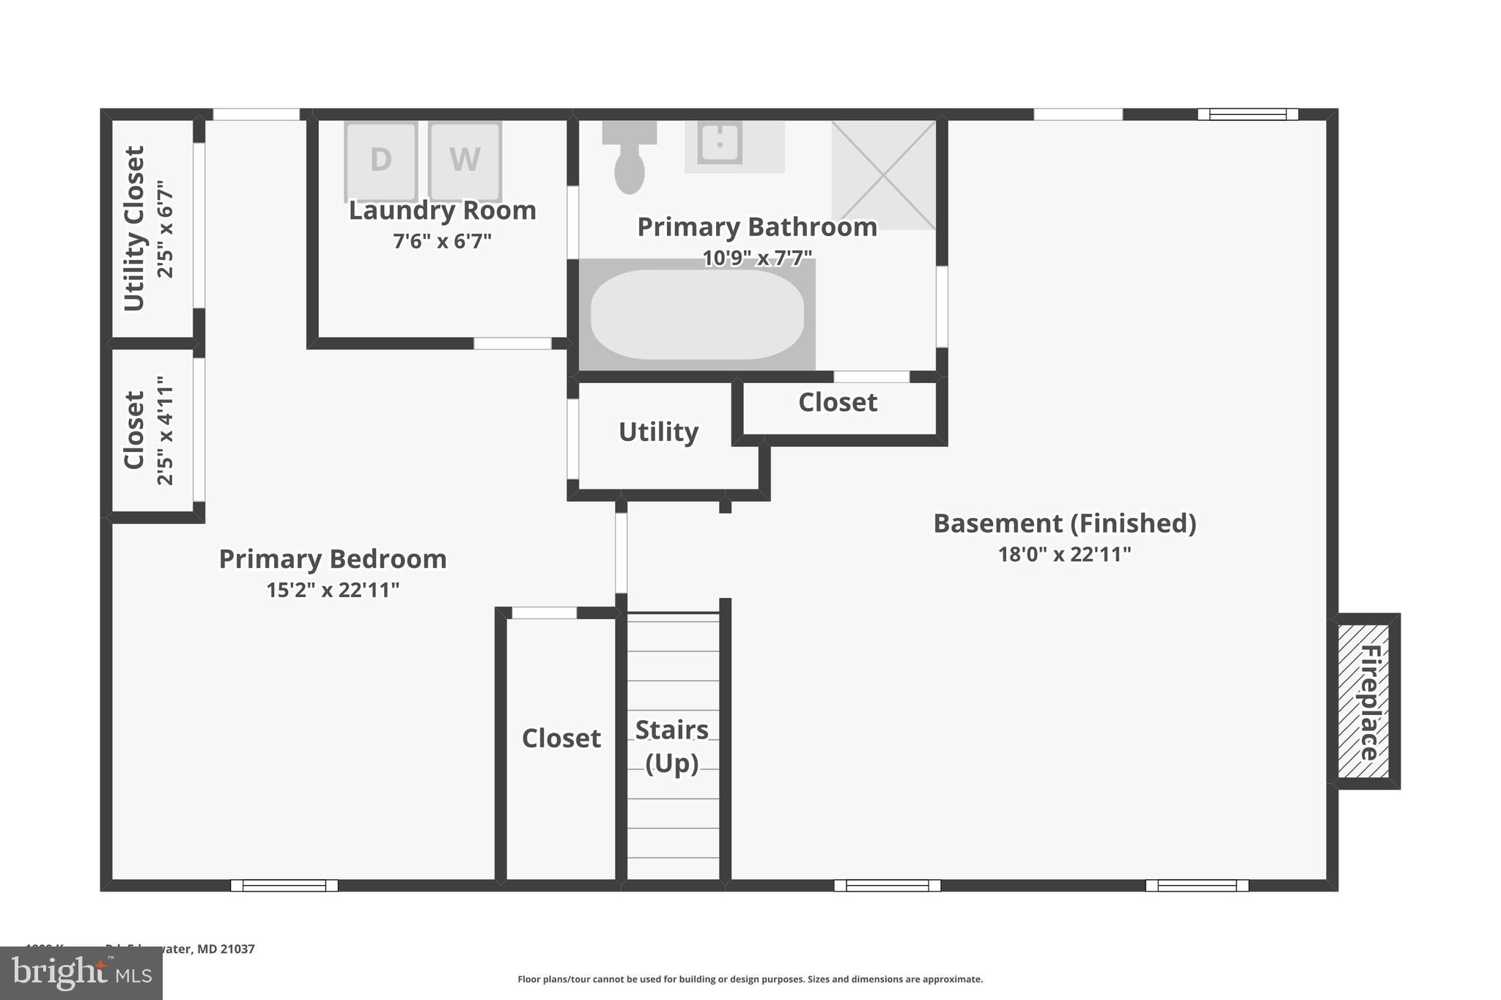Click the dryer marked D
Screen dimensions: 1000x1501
pos(380,160)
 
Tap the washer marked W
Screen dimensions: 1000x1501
pos(465,160)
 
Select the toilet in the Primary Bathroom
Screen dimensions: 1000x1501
pos(630,158)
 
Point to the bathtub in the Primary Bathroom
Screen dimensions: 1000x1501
pos(697,314)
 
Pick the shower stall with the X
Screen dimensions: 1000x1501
pos(883,175)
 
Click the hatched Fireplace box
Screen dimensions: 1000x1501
pos(1364,701)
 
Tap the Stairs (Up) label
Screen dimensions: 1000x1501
pos(672,746)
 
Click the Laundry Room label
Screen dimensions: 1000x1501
pos(442,211)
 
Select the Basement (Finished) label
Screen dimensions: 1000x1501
pos(1064,523)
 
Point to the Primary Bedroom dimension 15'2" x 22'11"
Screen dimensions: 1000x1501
pos(333,590)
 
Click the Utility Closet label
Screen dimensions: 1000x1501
pos(134,229)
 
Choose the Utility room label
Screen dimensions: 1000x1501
pos(658,432)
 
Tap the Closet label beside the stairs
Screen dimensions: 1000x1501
pos(561,738)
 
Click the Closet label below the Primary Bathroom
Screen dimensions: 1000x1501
pos(838,402)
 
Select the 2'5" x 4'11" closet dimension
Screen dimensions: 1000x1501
pos(166,431)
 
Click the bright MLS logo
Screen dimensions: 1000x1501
pos(81,973)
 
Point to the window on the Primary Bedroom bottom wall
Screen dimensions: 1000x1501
pos(284,885)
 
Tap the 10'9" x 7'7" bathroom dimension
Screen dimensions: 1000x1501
pos(757,258)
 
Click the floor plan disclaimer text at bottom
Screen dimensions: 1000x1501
pos(750,979)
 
